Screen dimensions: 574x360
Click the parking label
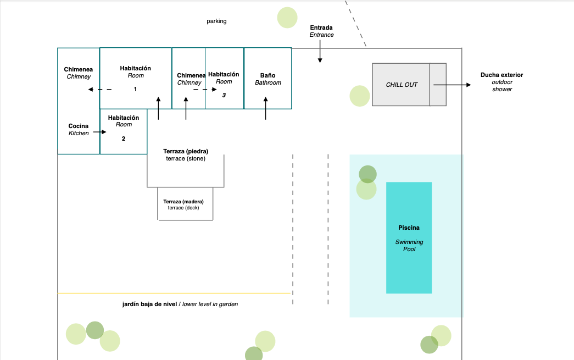point(216,21)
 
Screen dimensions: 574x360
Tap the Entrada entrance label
point(321,31)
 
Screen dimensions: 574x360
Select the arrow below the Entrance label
point(320,51)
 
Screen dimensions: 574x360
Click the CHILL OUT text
point(402,85)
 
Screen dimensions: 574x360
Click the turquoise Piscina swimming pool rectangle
point(409,237)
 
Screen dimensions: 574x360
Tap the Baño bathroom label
point(268,79)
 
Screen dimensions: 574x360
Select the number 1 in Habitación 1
point(136,89)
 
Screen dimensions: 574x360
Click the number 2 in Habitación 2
point(124,139)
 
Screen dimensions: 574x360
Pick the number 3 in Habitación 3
point(224,95)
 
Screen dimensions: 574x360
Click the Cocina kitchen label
point(79,129)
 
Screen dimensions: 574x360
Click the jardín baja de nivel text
point(150,304)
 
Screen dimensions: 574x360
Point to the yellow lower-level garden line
point(174,293)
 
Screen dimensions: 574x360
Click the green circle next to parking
point(287,18)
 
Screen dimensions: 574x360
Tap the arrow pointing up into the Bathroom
point(266,108)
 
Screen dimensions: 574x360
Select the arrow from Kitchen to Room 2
point(99,132)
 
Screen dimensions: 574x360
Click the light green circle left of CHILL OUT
point(359,96)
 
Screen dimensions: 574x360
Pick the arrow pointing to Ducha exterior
point(452,85)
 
